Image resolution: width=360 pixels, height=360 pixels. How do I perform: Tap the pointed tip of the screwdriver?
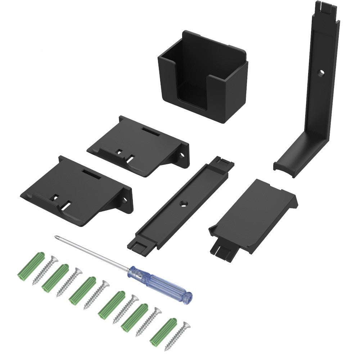tap(56, 237)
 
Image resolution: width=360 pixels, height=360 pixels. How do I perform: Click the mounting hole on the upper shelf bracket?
tap(182, 156)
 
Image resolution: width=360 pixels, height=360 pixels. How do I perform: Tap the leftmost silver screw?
tap(45, 270)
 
